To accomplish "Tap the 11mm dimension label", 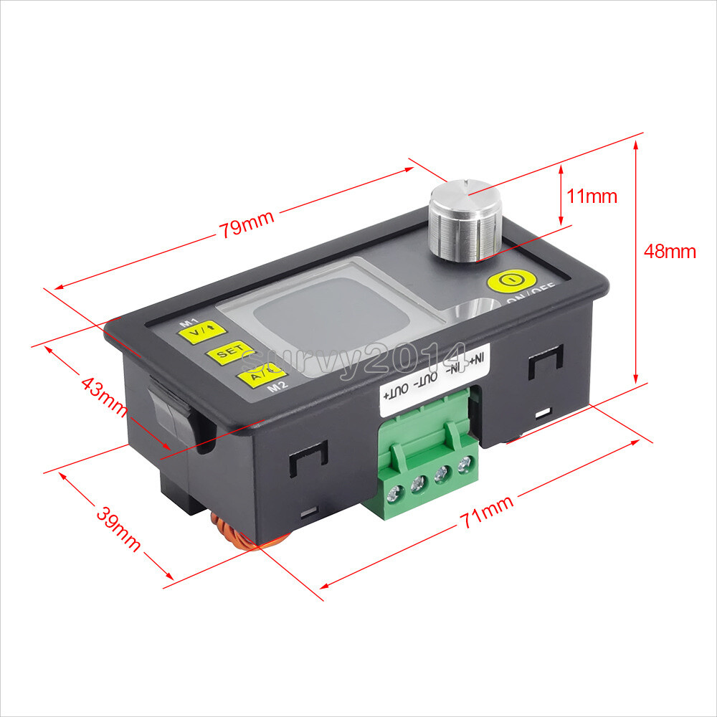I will tap(592, 196).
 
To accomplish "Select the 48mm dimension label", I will tap(670, 252).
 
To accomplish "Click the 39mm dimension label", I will tap(118, 529).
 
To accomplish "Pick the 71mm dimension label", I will tap(488, 513).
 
